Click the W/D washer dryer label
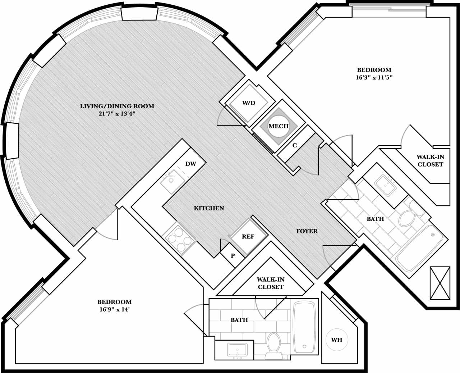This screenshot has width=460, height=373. (248, 103)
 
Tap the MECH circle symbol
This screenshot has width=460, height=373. (279, 126)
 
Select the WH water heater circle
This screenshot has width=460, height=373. (336, 340)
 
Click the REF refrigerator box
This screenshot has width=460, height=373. (248, 236)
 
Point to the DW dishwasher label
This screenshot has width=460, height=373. (191, 164)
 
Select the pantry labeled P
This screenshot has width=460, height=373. (233, 256)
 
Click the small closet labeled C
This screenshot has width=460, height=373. (295, 145)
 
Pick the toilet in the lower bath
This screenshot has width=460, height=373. (273, 345)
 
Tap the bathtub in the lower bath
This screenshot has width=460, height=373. (305, 327)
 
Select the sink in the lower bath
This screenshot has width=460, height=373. (237, 350)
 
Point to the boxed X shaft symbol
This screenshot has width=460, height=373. (440, 283)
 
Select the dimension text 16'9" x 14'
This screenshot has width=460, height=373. (114, 309)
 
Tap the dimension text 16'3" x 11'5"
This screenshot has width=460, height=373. (374, 77)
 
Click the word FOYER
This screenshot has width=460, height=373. (307, 231)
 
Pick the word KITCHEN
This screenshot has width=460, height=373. (209, 208)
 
